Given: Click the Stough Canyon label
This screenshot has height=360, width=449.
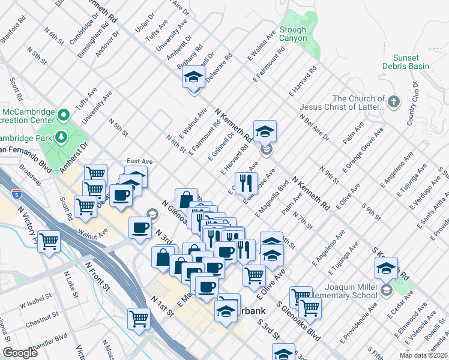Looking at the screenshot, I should (x=293, y=34).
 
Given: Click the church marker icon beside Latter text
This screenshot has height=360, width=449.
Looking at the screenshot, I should (x=394, y=101).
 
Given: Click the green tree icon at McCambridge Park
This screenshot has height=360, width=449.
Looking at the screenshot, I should (x=61, y=137).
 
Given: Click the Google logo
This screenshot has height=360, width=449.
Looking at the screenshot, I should (x=20, y=353).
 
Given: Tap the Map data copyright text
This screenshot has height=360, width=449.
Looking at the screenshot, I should (x=423, y=355).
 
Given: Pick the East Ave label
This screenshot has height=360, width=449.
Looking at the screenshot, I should (x=139, y=161).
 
